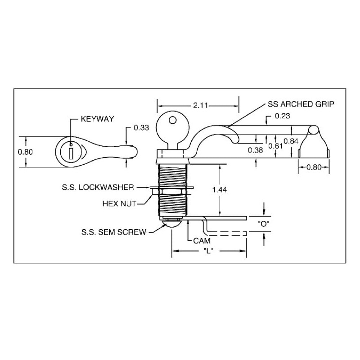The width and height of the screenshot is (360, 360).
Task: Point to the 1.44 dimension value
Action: (x=219, y=190)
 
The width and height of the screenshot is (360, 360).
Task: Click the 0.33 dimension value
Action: (x=141, y=128)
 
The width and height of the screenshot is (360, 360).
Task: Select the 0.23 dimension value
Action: (x=281, y=116)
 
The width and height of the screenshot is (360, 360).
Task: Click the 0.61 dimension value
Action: (x=276, y=146)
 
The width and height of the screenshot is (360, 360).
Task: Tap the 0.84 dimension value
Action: (x=292, y=141)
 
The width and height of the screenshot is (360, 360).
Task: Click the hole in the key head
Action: (x=171, y=120)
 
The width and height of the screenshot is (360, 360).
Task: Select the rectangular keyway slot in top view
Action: (x=71, y=153)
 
